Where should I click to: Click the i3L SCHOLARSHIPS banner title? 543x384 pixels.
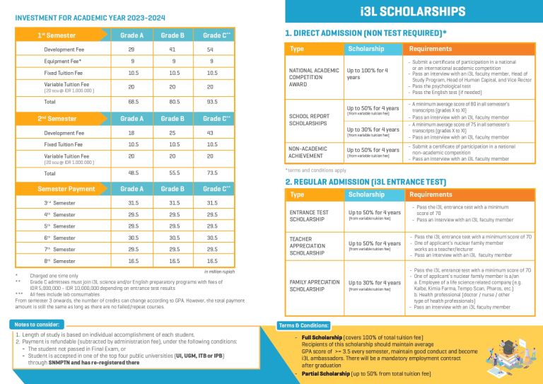coord(412,11)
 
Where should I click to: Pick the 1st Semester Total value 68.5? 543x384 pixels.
coord(132,101)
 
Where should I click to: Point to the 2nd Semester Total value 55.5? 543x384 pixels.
coord(172,173)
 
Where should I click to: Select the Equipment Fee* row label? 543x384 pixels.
coord(63,61)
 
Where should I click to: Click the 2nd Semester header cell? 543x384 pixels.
coord(58,119)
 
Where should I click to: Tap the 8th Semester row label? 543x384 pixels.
coord(59,261)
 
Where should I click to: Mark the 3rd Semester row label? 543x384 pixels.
coord(59,203)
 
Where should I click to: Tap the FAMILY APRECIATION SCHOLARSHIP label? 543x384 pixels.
coord(315,286)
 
